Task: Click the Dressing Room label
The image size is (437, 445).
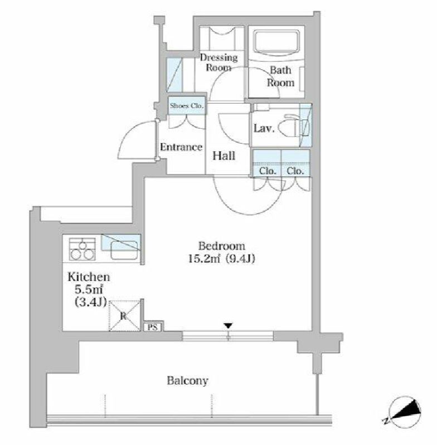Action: pyautogui.click(x=219, y=62)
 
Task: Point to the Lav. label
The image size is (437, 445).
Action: pyautogui.click(x=264, y=128)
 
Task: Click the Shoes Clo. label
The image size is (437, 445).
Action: pyautogui.click(x=187, y=105)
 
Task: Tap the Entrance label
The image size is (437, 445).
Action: pyautogui.click(x=181, y=147)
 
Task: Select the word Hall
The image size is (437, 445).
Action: pyautogui.click(x=223, y=156)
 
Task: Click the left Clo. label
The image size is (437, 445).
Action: pyautogui.click(x=268, y=171)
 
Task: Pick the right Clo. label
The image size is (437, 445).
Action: pyautogui.click(x=295, y=171)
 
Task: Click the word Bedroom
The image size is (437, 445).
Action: pyautogui.click(x=222, y=246)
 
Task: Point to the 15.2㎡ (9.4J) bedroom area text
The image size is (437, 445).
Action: pyautogui.click(x=222, y=258)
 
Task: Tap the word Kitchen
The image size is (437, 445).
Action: pyautogui.click(x=88, y=277)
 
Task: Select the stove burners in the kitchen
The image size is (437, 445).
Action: pyautogui.click(x=82, y=249)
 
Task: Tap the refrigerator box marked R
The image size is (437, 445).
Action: pyautogui.click(x=123, y=316)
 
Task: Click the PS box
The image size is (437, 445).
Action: pyautogui.click(x=153, y=327)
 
